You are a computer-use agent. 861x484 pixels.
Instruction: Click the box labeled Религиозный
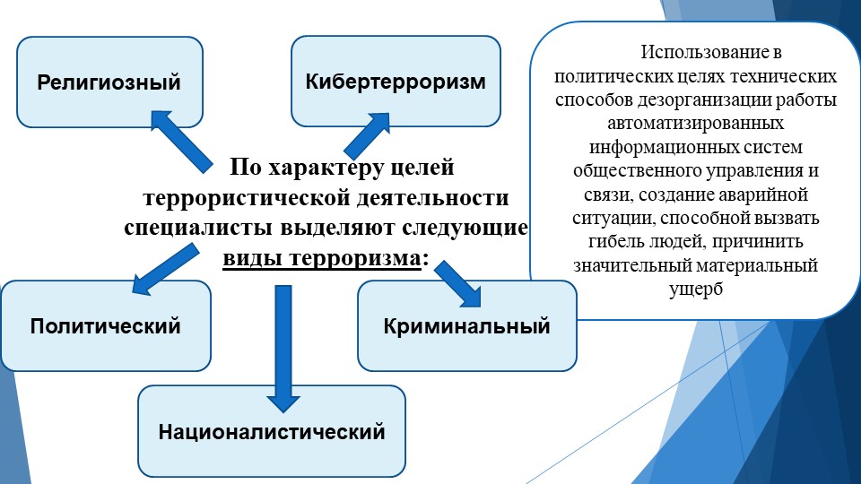109,82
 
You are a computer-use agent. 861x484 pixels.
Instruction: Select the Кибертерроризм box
395,82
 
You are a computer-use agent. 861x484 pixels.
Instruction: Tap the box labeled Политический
106,325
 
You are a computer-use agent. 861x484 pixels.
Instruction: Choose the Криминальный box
466,325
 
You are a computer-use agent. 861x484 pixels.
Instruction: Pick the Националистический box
272,432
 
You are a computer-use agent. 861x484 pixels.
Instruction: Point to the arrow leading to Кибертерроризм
365,136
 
